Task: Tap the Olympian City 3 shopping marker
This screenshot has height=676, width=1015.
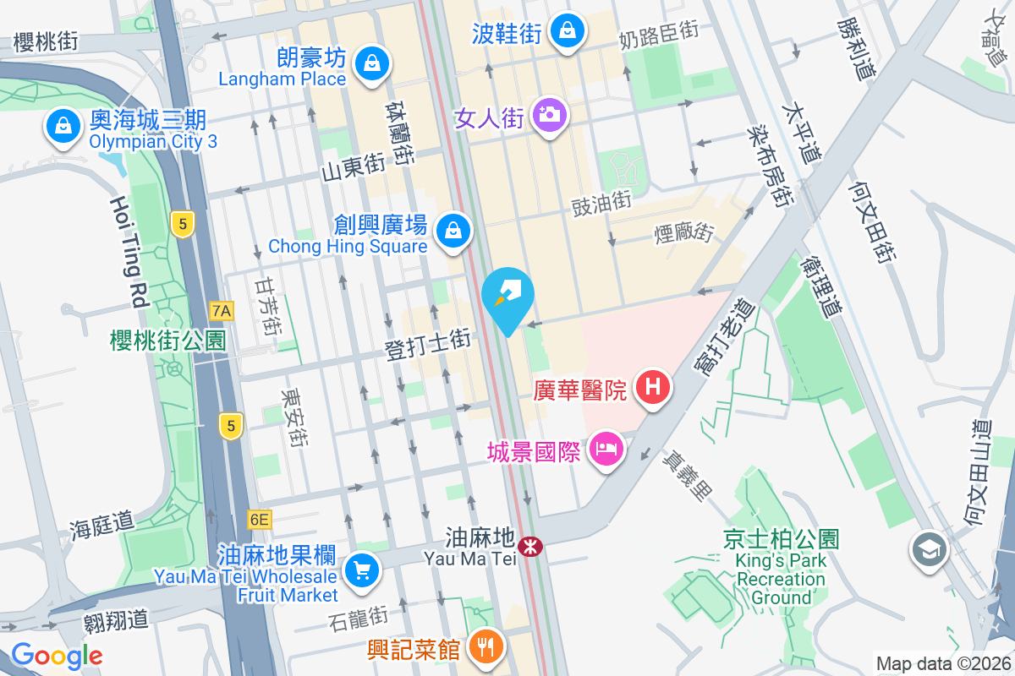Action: [x=63, y=127]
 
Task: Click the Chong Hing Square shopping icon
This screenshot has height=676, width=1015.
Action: [x=453, y=229]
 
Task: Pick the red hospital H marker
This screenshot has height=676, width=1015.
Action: [x=652, y=388]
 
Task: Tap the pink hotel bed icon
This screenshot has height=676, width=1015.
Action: [x=606, y=449]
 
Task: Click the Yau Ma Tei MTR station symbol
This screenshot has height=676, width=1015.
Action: [x=531, y=547]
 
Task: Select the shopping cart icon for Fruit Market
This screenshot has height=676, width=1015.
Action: [x=363, y=571]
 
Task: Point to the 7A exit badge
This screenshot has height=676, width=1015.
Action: [x=221, y=310]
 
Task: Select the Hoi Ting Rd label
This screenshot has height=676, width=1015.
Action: [x=129, y=253]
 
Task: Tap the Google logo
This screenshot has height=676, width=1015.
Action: [x=57, y=655]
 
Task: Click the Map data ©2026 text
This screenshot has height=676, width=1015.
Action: [x=943, y=663]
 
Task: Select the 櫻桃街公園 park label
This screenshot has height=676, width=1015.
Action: [x=168, y=341]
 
